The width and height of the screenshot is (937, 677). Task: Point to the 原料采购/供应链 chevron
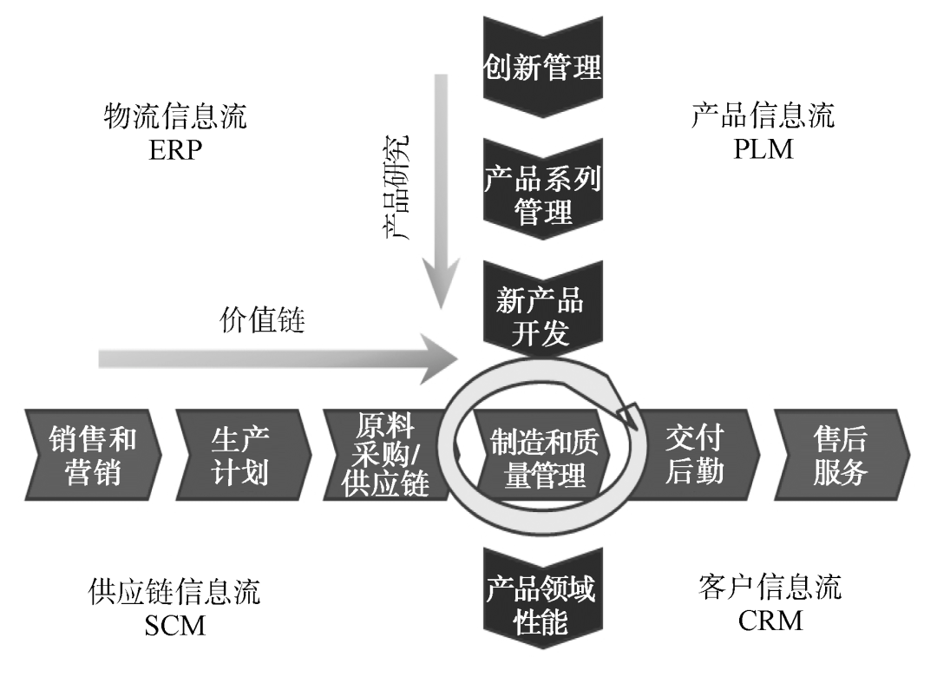pyautogui.click(x=386, y=455)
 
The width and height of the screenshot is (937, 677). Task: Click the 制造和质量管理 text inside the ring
pyautogui.click(x=544, y=457)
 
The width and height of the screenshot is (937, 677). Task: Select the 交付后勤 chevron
pyautogui.click(x=694, y=455)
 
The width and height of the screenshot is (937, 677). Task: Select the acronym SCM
pyautogui.click(x=174, y=625)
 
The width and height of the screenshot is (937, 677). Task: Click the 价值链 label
pyautogui.click(x=261, y=323)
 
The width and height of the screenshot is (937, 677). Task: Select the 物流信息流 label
pyautogui.click(x=174, y=116)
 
